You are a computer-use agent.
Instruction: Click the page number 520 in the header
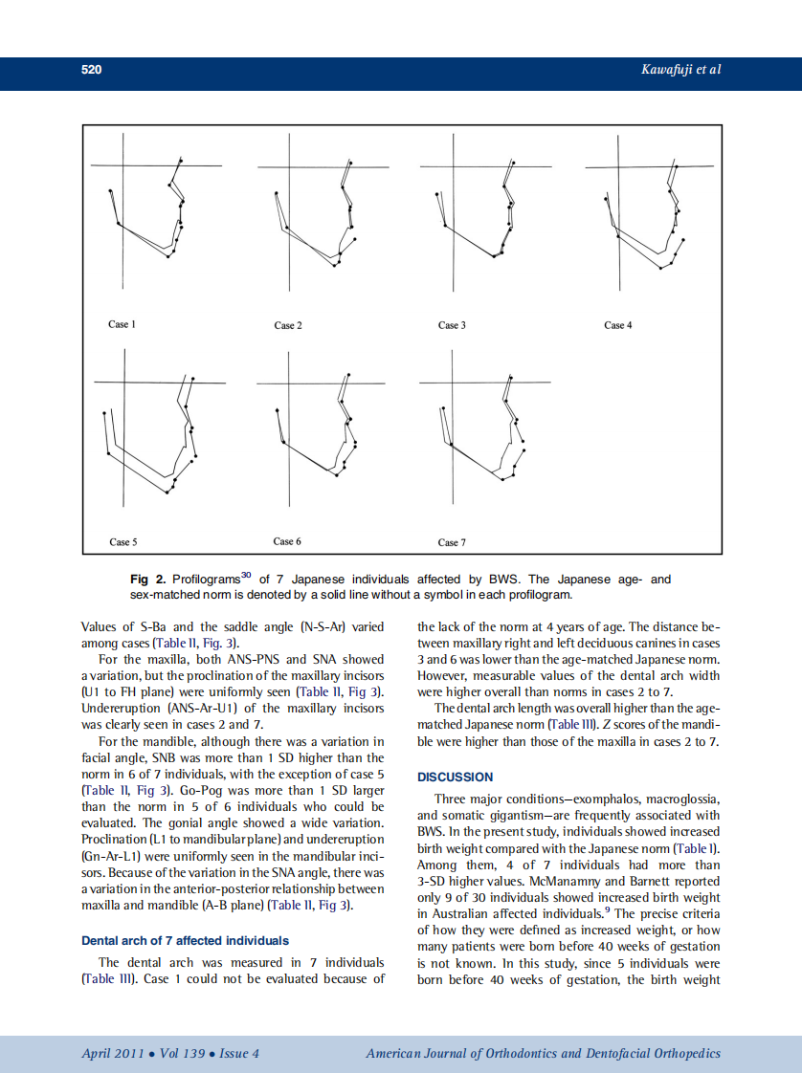click(x=92, y=70)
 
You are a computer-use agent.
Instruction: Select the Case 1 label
click(x=122, y=324)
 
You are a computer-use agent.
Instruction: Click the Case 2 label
click(x=288, y=325)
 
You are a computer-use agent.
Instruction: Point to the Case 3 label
click(x=452, y=325)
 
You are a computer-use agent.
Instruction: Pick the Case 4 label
click(x=618, y=325)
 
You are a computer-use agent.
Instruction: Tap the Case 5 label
click(x=123, y=542)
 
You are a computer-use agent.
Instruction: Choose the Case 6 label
click(x=287, y=541)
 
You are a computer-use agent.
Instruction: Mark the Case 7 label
click(x=452, y=542)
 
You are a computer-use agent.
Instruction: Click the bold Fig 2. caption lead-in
click(x=148, y=580)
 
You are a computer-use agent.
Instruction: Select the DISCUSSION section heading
click(x=456, y=777)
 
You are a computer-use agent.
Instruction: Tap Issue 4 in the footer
click(x=239, y=1054)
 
